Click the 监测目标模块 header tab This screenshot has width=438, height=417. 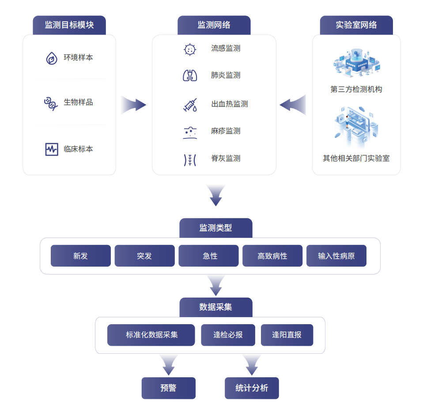tap(69, 25)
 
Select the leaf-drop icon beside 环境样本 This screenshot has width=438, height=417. tap(52, 58)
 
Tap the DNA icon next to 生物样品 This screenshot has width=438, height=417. tap(50, 103)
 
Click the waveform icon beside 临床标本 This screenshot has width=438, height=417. tap(52, 149)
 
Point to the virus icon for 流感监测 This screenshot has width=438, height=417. tap(189, 49)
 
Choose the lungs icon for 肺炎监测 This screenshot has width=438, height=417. tap(189, 76)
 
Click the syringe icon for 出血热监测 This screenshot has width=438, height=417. tap(190, 105)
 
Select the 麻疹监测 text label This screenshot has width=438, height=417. tap(226, 131)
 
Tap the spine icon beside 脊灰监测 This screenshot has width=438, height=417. tap(189, 159)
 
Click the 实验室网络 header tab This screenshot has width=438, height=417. tap(356, 25)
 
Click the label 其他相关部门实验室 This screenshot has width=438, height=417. tap(356, 158)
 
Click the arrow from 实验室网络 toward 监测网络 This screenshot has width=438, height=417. tap(293, 105)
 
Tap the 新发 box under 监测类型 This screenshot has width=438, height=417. tap(81, 256)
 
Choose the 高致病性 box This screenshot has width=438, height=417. tap(272, 256)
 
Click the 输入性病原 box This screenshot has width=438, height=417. tap(336, 256)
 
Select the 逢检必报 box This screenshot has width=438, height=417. tap(228, 335)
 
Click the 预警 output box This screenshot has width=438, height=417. tap(168, 388)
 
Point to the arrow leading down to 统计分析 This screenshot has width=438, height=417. tap(252, 364)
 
